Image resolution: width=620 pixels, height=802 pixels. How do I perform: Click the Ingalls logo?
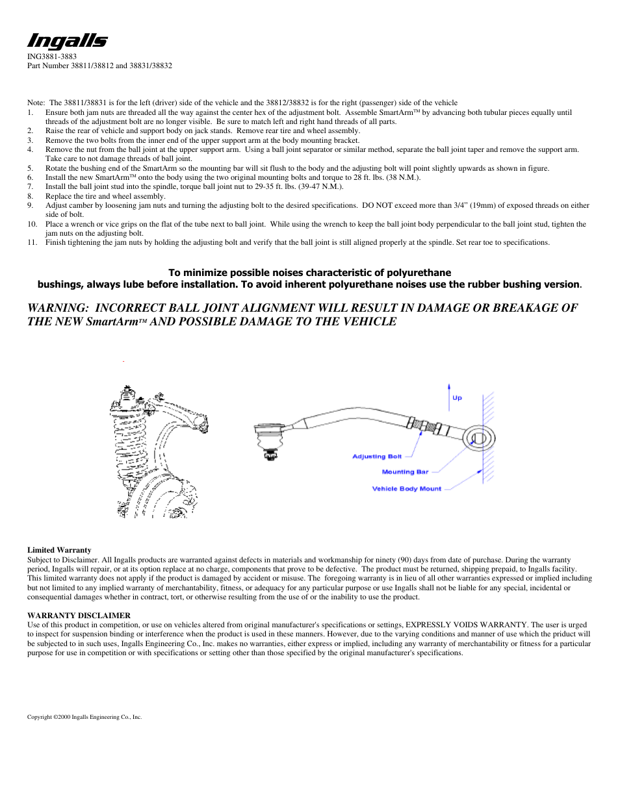coord(67,42)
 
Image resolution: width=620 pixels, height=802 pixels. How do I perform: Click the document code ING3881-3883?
coord(52,56)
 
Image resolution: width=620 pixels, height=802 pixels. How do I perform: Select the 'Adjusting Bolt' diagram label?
coord(377,457)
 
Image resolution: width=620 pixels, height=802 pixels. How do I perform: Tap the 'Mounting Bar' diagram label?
coord(405,472)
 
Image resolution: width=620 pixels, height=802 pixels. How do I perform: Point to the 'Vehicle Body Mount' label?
coord(406,489)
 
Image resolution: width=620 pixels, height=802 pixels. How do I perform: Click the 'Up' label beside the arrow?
coord(457,398)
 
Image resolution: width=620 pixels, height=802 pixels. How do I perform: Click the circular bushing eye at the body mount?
coord(480,438)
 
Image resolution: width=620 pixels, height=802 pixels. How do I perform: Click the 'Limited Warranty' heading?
coord(59,550)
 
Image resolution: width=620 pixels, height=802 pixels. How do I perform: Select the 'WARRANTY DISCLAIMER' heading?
coord(79,616)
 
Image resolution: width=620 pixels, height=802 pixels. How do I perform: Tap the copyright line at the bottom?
coord(84,717)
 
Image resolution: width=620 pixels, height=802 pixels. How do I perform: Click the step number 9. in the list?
coord(31,205)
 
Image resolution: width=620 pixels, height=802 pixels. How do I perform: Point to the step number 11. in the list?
coord(32,242)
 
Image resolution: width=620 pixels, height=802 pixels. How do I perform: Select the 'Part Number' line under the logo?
coord(99,66)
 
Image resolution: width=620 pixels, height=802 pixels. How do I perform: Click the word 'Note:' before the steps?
coord(36,103)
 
